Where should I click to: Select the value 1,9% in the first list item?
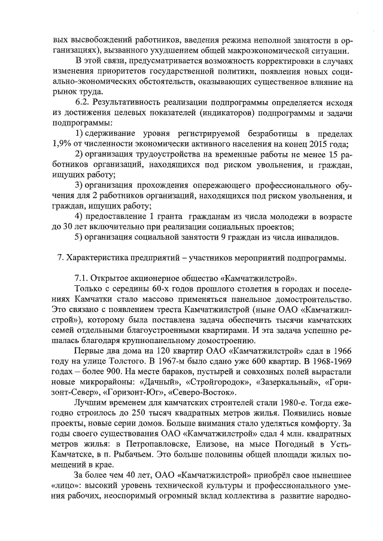[63, 143]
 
